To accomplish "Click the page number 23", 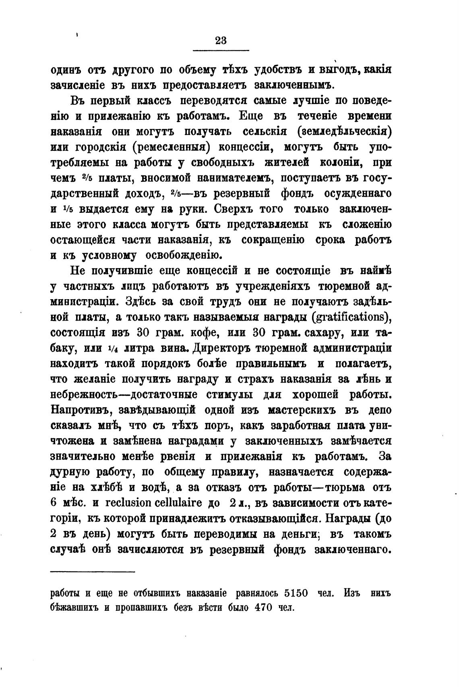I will (x=221, y=40).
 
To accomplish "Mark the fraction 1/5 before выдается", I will (x=67, y=209).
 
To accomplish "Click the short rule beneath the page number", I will (x=221, y=50).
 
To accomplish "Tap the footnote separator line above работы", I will (x=93, y=571).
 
